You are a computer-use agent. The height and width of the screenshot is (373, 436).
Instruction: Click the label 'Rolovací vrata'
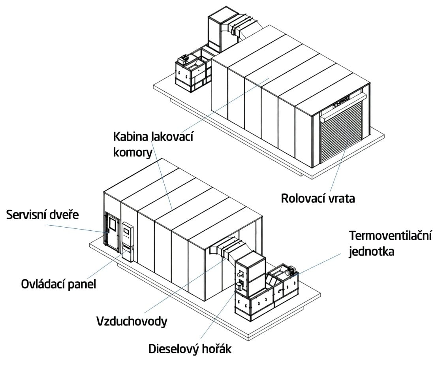pos(318,198)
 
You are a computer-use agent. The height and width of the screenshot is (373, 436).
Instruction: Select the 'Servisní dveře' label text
pos(43,215)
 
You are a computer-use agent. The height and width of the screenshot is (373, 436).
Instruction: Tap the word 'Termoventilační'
pos(391,236)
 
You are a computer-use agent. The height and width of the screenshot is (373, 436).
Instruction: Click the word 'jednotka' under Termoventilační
pos(371,251)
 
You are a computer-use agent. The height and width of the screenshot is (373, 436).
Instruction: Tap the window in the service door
pos(112,224)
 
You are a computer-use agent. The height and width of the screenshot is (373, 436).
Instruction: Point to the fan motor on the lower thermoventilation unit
pos(292,271)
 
